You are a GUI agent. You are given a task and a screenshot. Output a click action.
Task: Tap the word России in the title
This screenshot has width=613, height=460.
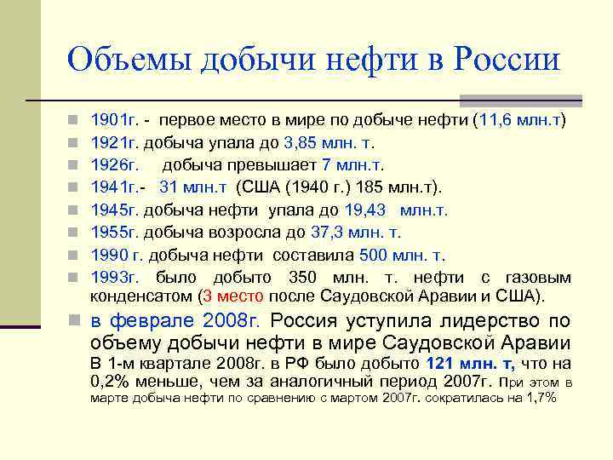507,60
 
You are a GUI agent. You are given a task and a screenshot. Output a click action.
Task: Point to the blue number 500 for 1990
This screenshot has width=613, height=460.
375,254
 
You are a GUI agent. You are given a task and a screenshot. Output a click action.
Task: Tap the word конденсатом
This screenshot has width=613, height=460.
140,296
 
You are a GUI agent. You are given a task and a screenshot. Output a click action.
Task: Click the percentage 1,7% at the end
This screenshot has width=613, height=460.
539,398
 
